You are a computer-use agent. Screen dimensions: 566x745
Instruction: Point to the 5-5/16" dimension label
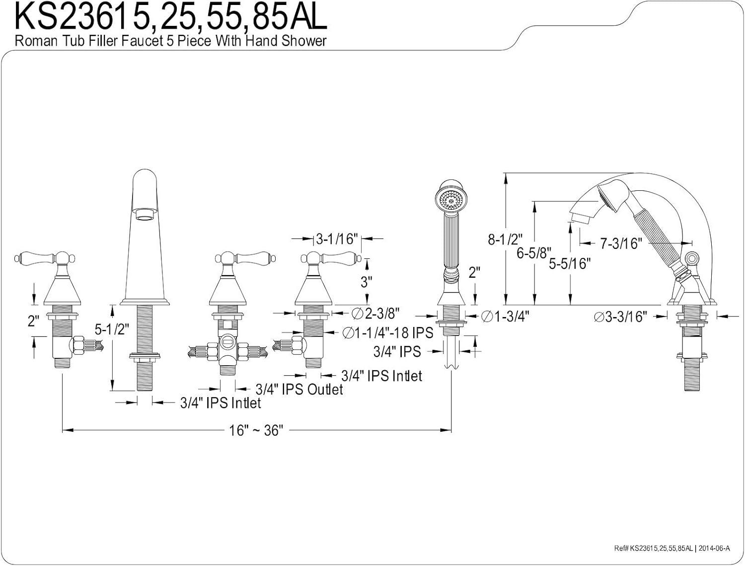pos(570,263)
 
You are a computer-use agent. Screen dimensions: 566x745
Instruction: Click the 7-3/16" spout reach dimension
pos(621,243)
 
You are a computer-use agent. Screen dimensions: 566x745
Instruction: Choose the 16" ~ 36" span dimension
pos(256,430)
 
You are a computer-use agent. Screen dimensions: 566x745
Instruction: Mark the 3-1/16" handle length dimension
pos(337,239)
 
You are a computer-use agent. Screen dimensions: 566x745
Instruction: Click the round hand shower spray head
pos(450,200)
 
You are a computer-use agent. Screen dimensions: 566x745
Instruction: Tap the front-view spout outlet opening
pos(146,214)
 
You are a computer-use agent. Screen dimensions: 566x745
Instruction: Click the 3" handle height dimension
pos(366,282)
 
